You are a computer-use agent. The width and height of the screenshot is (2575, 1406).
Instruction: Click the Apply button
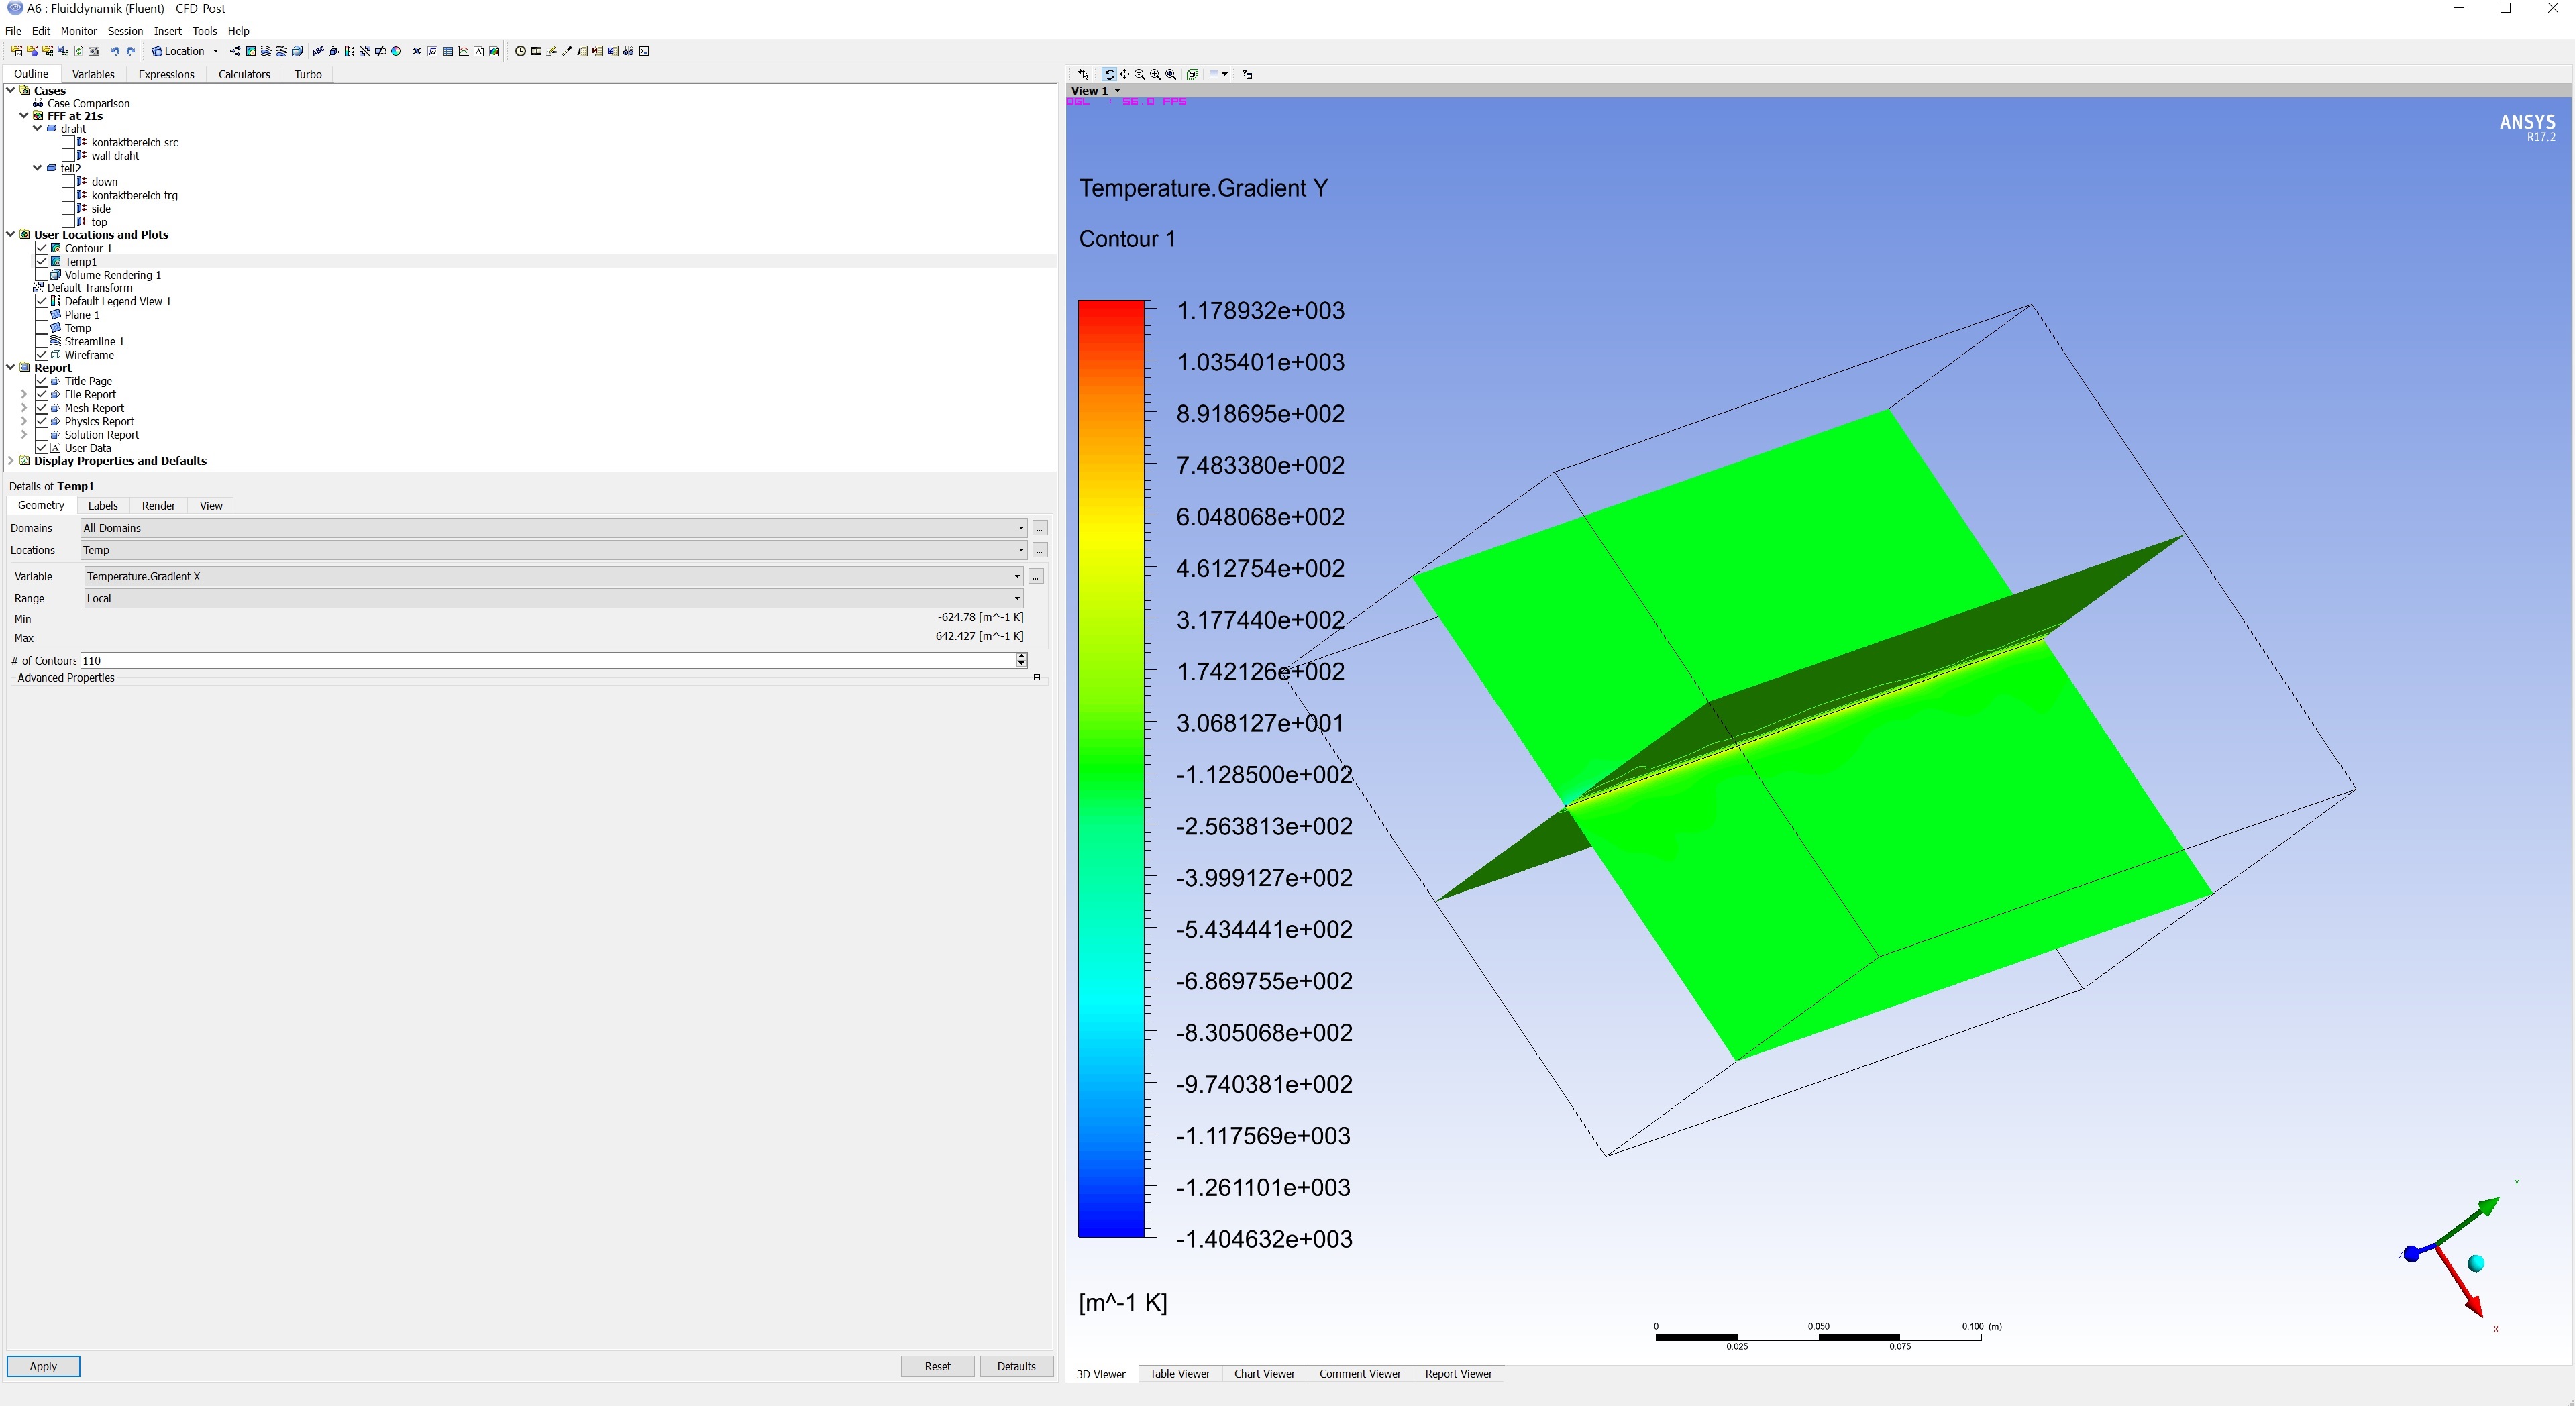pos(43,1366)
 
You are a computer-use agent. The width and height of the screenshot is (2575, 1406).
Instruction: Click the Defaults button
pos(1016,1366)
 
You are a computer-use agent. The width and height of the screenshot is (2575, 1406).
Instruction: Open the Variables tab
pos(93,74)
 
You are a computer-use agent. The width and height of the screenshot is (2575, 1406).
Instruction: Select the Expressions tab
pos(166,74)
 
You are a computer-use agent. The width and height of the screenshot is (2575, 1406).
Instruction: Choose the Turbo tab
pos(308,74)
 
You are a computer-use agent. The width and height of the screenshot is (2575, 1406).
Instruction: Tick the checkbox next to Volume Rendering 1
pos(41,275)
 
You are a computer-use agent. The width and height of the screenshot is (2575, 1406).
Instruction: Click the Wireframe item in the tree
pos(89,355)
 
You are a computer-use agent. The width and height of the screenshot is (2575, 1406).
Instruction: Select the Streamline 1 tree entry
pos(94,341)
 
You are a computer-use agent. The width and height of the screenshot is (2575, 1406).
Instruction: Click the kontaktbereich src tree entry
pos(135,142)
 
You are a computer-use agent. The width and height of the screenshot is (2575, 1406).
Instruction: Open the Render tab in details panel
pos(158,506)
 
